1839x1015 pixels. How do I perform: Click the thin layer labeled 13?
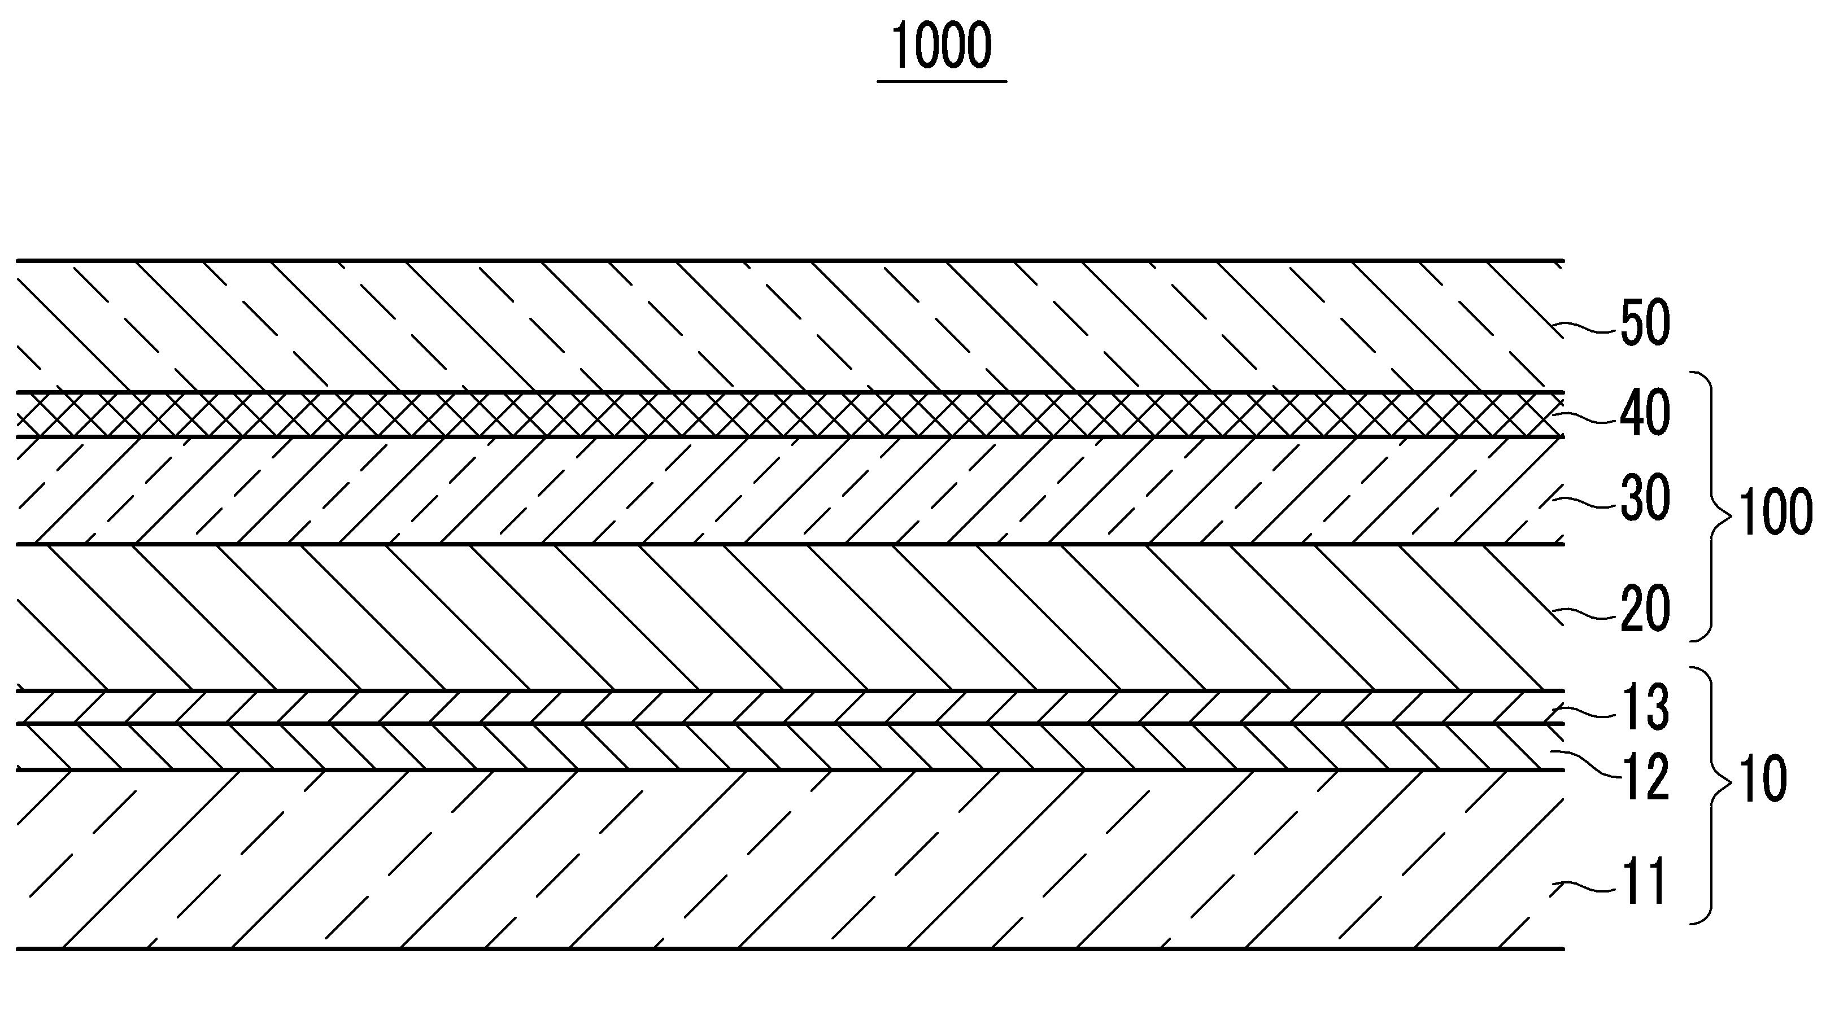(x=785, y=707)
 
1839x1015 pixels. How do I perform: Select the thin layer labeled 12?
(x=785, y=747)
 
